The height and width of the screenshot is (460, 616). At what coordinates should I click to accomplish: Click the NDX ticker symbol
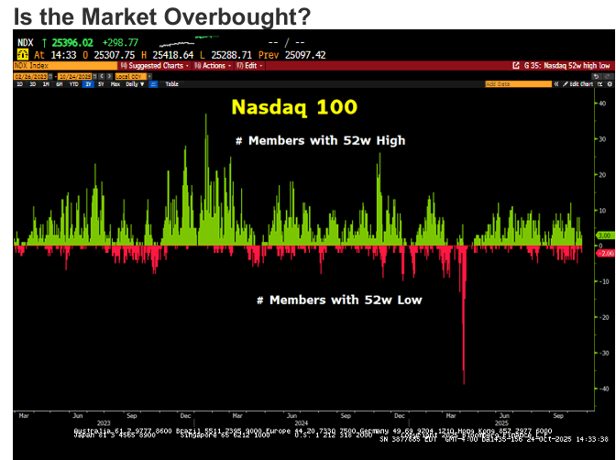click(x=26, y=43)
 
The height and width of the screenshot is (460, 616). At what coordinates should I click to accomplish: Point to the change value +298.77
click(x=121, y=43)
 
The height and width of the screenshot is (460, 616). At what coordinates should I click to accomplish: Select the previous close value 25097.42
click(x=304, y=55)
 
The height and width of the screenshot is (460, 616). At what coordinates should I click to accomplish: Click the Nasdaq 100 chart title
click(x=293, y=106)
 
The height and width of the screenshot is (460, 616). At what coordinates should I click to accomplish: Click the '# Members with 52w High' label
click(x=318, y=140)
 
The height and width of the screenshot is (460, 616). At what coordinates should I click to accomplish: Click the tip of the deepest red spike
click(x=464, y=384)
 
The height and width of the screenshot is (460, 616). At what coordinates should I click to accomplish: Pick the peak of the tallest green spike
click(x=205, y=114)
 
